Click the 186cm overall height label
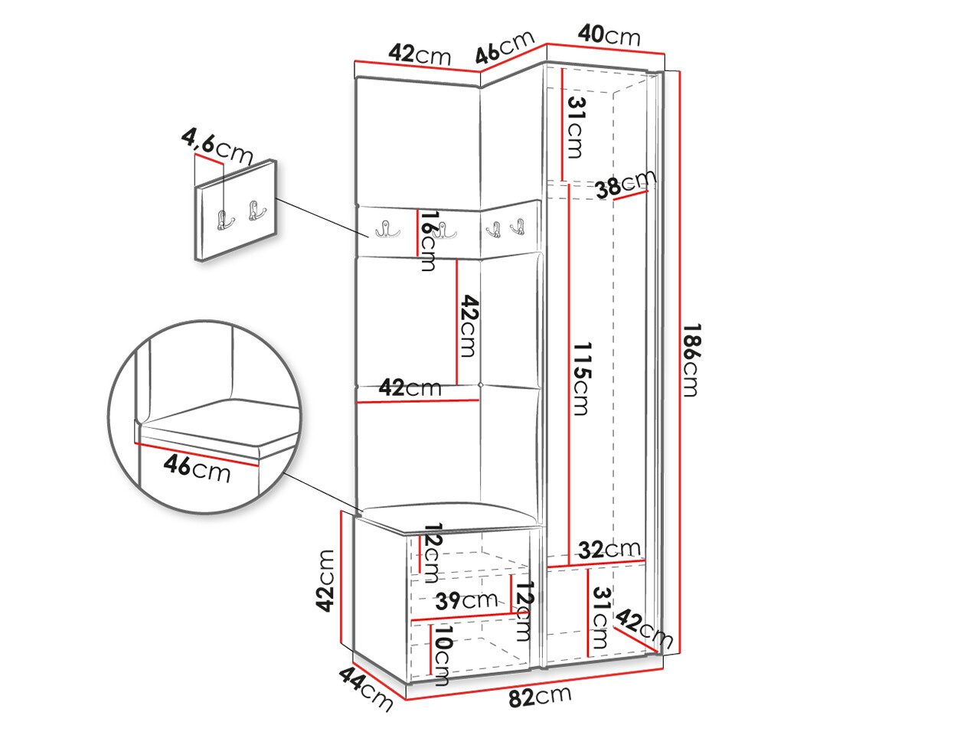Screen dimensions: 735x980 [x=690, y=360]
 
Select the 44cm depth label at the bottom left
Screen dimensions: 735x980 [x=366, y=688]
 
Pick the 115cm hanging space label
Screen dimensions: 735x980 [x=581, y=379]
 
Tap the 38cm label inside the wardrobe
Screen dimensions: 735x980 [x=626, y=185]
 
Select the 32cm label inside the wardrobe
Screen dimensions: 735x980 [x=609, y=549]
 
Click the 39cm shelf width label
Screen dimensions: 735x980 [x=466, y=600]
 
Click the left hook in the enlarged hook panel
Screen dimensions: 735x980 [x=226, y=220]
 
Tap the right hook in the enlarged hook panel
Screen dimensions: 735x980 [x=256, y=211]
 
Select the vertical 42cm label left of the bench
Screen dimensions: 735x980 [x=327, y=580]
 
